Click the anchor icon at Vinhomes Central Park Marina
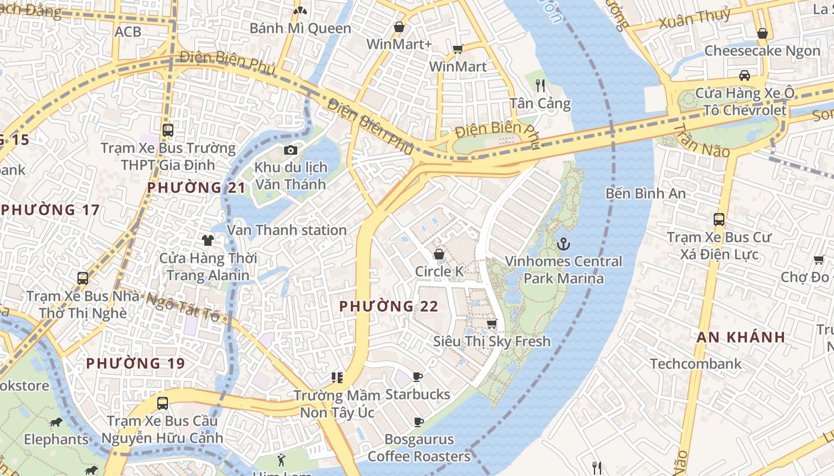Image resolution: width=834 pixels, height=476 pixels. pyautogui.click(x=563, y=243)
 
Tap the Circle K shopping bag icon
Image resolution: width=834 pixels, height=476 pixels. pyautogui.click(x=439, y=254)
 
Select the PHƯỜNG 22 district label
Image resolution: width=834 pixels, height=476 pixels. pyautogui.click(x=388, y=306)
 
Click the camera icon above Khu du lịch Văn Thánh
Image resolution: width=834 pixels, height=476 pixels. pyautogui.click(x=290, y=150)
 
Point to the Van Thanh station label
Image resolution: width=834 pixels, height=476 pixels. pyautogui.click(x=287, y=230)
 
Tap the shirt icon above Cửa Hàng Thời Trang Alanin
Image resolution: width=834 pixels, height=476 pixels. pyautogui.click(x=207, y=240)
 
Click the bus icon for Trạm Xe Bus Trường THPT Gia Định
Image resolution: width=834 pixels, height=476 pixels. pyautogui.click(x=168, y=130)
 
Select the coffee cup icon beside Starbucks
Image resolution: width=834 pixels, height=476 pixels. pyautogui.click(x=418, y=377)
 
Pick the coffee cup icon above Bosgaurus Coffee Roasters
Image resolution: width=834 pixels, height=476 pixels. pyautogui.click(x=419, y=422)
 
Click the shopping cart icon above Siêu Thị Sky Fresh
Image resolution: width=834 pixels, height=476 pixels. pyautogui.click(x=491, y=324)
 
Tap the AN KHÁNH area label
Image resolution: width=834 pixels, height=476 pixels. pyautogui.click(x=740, y=337)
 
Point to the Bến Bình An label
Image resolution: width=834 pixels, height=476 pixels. pyautogui.click(x=645, y=193)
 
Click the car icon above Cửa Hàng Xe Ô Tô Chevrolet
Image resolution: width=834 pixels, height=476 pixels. pyautogui.click(x=744, y=75)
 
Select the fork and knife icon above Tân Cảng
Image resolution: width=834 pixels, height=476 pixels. pyautogui.click(x=540, y=85)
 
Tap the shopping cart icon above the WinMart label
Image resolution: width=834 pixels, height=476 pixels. pyautogui.click(x=458, y=49)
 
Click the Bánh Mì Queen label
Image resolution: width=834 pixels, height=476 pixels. pyautogui.click(x=300, y=28)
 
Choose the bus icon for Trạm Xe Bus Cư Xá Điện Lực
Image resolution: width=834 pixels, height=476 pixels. pyautogui.click(x=719, y=219)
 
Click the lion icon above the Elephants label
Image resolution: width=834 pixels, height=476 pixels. pyautogui.click(x=56, y=422)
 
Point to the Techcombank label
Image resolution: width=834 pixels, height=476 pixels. pyautogui.click(x=696, y=364)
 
